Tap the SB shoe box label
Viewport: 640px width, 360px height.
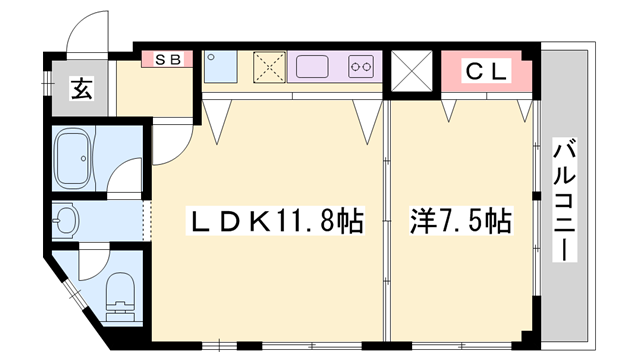pyautogui.click(x=167, y=59)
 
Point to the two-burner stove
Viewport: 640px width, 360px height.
pyautogui.click(x=361, y=68)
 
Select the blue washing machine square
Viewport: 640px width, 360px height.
pyautogui.click(x=219, y=68)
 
